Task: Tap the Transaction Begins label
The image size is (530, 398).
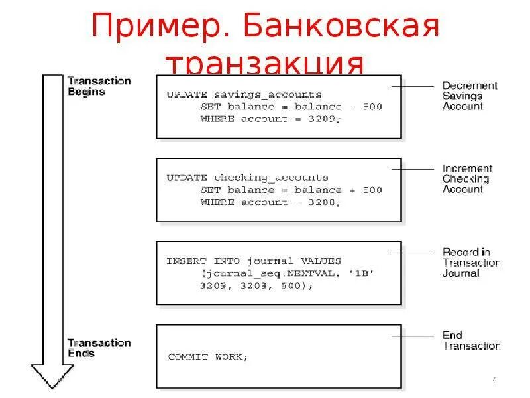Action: pos(99,86)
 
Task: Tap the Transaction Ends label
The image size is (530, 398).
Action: pos(99,348)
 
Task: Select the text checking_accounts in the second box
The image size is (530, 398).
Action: pos(271,178)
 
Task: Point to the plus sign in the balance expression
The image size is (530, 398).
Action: pos(348,190)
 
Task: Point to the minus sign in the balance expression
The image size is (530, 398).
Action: pos(348,107)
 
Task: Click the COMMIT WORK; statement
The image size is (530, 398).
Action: pos(207,356)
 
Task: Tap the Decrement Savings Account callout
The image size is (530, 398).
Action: pos(469,96)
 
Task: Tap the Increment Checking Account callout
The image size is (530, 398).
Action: pos(467,179)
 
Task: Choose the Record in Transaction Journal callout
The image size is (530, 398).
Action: pos(471,263)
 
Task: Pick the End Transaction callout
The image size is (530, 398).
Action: pos(471,340)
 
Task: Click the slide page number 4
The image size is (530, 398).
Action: pos(495,380)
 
